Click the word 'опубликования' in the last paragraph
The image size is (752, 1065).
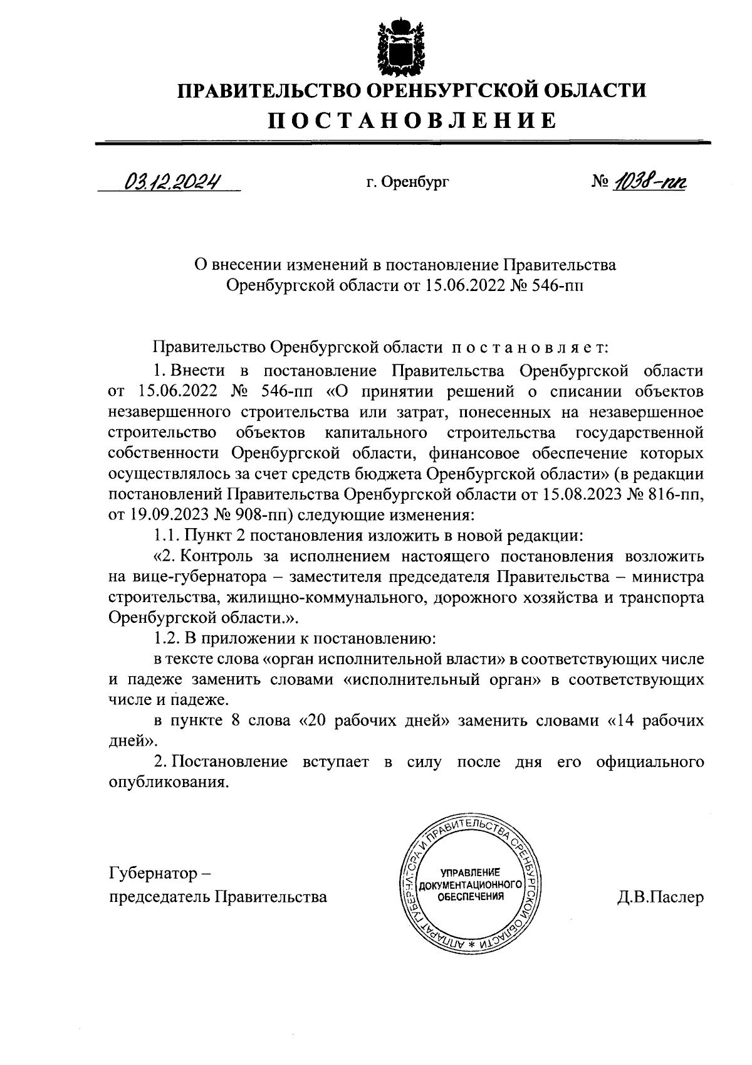point(165,783)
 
